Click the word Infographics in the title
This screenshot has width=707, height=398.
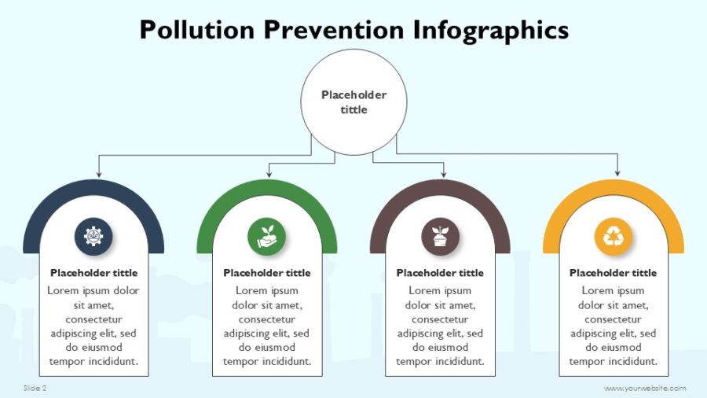tap(490, 30)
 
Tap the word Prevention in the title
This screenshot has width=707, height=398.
tap(333, 30)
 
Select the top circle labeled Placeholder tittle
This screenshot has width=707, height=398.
tap(353, 102)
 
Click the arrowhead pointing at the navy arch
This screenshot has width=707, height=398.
tap(98, 173)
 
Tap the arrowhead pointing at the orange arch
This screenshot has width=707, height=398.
tap(617, 173)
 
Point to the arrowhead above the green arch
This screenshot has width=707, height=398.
tap(269, 173)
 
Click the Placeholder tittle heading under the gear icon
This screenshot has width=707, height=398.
tap(93, 273)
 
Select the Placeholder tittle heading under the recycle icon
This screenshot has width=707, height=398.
tap(613, 273)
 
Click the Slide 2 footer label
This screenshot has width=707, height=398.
tap(35, 388)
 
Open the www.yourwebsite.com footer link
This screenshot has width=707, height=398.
tap(645, 388)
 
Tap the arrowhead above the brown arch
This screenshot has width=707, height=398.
tap(444, 173)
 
